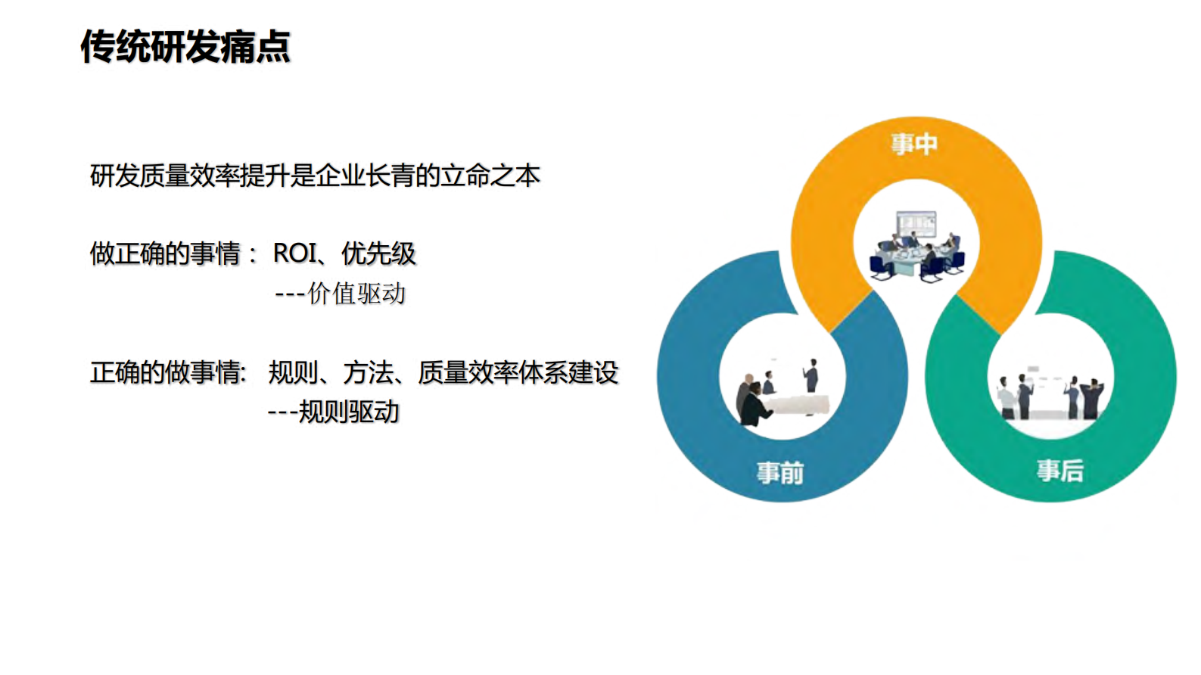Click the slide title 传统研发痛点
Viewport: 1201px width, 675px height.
coord(185,47)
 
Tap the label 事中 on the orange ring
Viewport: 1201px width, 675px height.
coord(914,144)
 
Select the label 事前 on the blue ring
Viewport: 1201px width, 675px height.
coord(780,473)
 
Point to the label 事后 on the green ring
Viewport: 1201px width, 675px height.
coord(1059,471)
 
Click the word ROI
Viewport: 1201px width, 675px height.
coord(295,254)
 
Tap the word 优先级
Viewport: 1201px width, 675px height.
coord(378,254)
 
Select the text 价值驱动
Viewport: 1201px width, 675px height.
coord(356,294)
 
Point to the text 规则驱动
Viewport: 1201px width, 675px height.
coord(349,412)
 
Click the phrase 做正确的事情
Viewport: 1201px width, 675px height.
coord(165,254)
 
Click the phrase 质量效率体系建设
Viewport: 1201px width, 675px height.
coord(518,372)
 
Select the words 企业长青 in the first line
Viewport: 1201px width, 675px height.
coord(365,176)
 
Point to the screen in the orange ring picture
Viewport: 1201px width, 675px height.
coord(916,225)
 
